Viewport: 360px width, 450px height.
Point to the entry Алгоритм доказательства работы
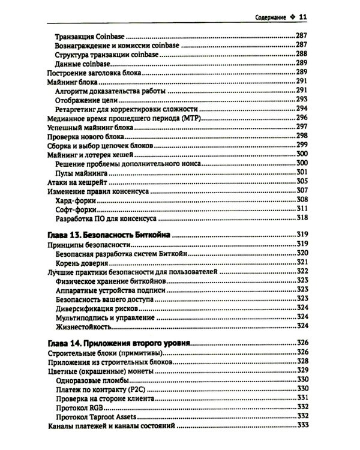[x=110, y=91]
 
